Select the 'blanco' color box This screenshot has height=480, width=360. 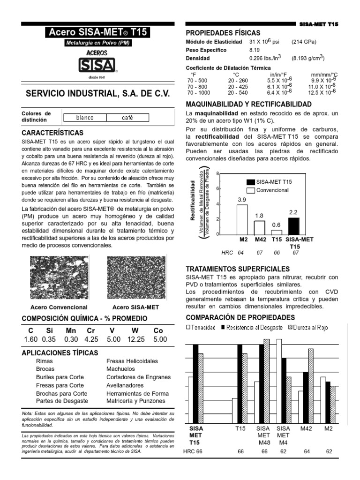coord(85,118)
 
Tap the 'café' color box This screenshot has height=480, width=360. coord(127,118)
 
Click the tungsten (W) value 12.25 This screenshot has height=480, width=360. coord(135,339)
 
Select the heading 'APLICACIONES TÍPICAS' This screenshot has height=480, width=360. coord(60,352)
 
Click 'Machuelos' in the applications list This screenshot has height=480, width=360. coord(120,369)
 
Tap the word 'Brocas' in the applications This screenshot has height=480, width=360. coord(45,369)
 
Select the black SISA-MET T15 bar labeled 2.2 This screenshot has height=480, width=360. coord(294,225)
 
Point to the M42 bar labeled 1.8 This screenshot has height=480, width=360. coord(259,227)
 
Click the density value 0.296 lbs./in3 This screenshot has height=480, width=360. coord(265,58)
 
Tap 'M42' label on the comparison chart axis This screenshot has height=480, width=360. coord(306,428)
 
